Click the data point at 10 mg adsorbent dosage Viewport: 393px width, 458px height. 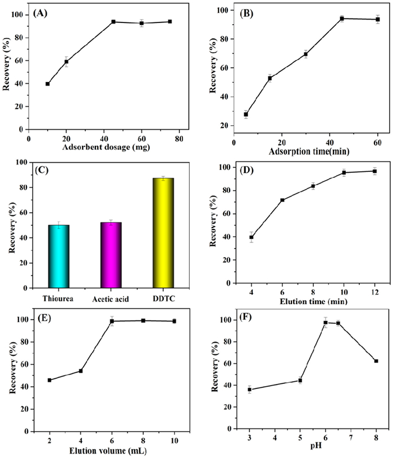pyautogui.click(x=48, y=84)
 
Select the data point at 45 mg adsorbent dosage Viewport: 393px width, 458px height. pyautogui.click(x=113, y=22)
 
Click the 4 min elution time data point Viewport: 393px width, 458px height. pyautogui.click(x=252, y=237)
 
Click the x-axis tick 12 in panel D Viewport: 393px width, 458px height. pyautogui.click(x=374, y=292)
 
